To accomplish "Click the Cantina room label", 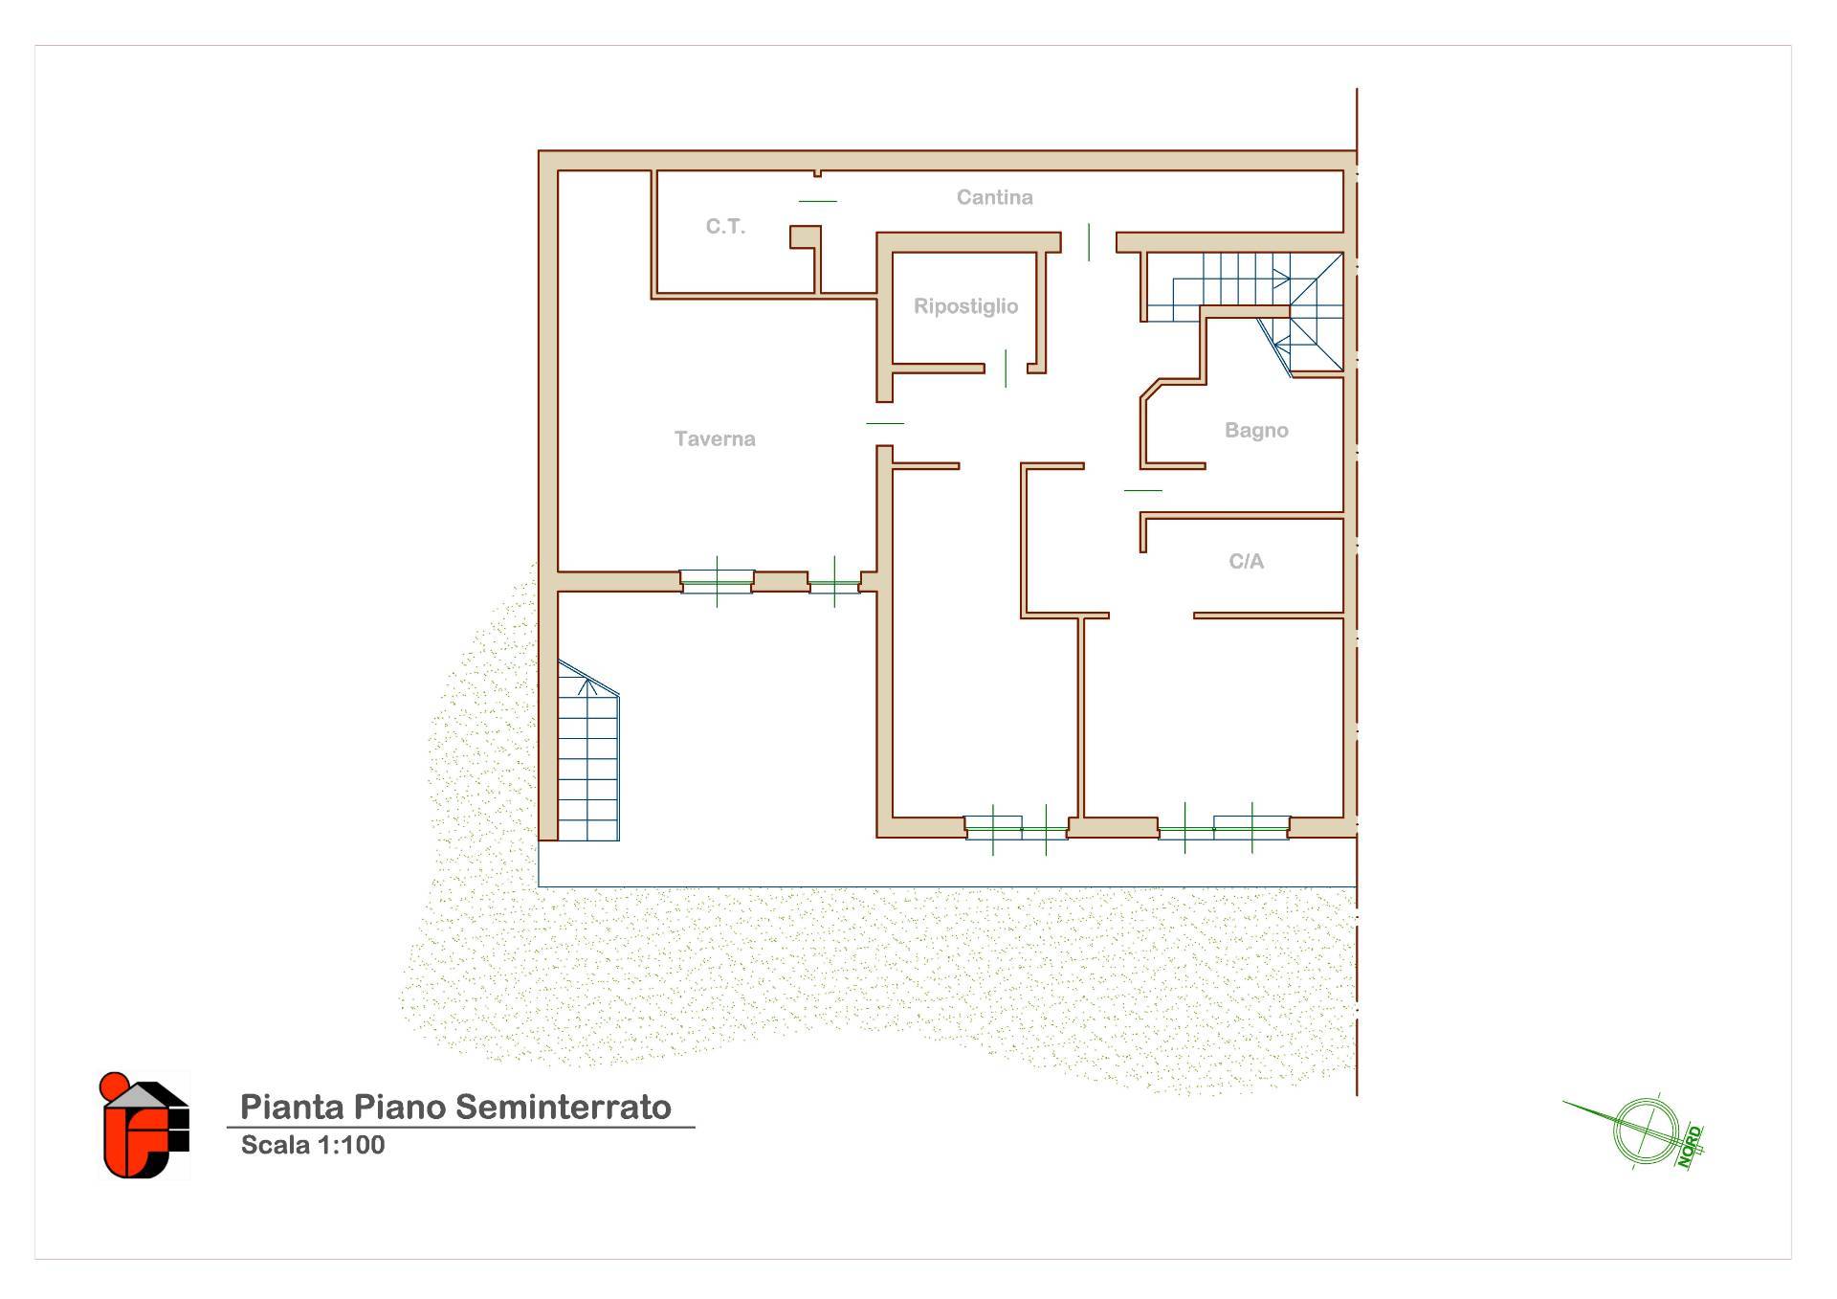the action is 994,197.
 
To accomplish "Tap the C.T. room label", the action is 725,227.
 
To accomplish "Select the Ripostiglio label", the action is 965,306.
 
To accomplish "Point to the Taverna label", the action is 715,438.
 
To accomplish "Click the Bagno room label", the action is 1256,431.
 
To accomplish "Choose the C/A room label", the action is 1246,561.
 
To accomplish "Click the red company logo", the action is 144,1126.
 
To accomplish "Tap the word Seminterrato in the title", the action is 563,1107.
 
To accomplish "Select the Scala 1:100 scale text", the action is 313,1145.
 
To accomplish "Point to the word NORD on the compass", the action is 1689,1147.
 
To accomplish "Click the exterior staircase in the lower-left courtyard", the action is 587,750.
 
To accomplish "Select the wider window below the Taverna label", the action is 717,582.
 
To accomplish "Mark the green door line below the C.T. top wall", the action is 818,201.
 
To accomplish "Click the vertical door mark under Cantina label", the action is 1089,241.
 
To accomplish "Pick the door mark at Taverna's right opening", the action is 885,423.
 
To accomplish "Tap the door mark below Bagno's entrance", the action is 1143,490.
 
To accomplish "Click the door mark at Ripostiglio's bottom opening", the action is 1006,369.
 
